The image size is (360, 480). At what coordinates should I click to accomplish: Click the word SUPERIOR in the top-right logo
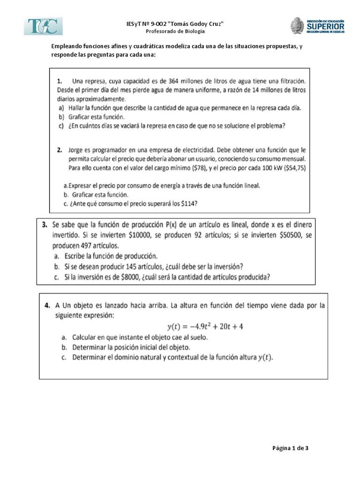(325, 27)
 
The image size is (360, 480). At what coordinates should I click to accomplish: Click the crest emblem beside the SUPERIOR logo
(297, 26)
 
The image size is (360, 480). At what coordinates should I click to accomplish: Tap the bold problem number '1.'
(61, 81)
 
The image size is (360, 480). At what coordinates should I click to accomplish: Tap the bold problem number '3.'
(45, 225)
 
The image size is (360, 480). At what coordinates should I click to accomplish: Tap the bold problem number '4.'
(47, 305)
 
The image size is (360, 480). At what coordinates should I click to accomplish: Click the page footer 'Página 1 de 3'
(290, 448)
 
